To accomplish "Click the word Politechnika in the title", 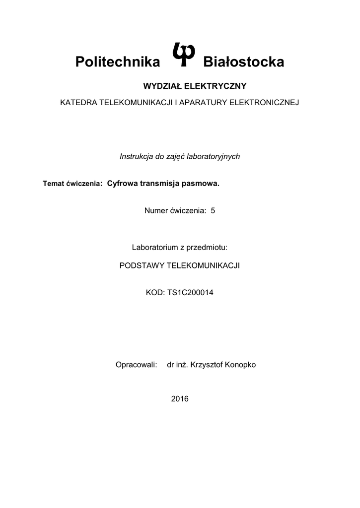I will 118,62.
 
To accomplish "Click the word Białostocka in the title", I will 244,62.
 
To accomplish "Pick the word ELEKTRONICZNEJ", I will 264,103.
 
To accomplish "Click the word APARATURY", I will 203,103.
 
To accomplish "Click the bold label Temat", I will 53,184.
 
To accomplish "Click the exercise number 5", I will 213,210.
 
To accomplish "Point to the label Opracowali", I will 136,365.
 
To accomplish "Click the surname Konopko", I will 240,365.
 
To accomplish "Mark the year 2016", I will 180,399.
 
